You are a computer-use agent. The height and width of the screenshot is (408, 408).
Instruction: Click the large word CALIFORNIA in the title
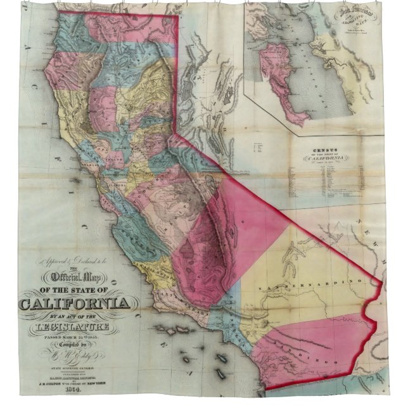(x=75, y=303)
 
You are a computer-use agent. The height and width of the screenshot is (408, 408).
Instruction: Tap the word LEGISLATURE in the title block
(x=75, y=326)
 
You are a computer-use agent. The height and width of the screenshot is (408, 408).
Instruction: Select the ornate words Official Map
(x=74, y=277)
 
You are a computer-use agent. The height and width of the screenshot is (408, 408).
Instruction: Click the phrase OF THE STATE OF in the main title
(x=75, y=290)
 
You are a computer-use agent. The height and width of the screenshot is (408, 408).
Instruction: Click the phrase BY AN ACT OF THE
(x=75, y=316)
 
